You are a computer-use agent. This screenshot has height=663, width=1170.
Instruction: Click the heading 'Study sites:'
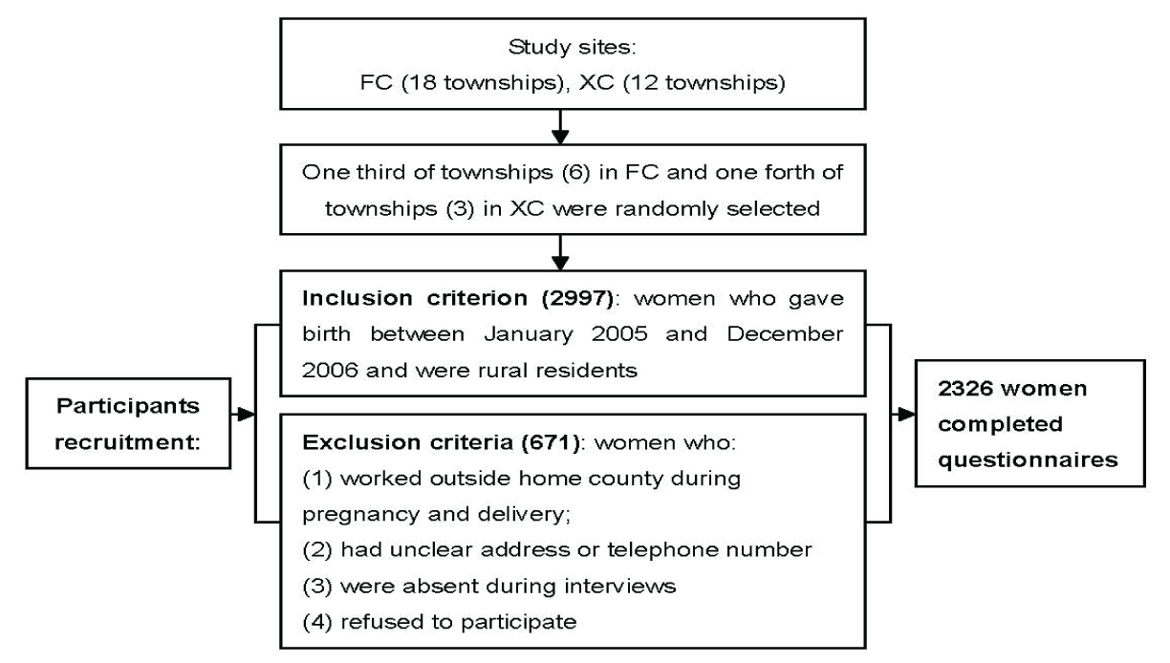coord(572,48)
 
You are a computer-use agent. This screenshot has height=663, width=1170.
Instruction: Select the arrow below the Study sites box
coord(560,127)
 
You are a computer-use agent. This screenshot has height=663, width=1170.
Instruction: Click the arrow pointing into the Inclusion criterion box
coord(560,252)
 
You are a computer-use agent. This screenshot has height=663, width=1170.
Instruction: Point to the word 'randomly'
coord(666,209)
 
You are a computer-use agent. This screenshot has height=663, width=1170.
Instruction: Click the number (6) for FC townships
coord(576,172)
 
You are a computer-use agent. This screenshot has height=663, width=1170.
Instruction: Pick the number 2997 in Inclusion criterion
coord(577,298)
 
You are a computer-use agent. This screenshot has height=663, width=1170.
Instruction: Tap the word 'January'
coord(529,334)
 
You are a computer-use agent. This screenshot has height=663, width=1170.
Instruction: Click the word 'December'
coord(785,334)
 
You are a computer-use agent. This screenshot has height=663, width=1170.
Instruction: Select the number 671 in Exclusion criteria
coord(551,442)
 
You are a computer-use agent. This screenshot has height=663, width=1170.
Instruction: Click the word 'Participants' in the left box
coord(128,407)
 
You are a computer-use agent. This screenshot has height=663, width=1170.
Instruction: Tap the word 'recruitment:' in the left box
coord(127,442)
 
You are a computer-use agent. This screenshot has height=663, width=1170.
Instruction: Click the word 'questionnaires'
coord(1028,460)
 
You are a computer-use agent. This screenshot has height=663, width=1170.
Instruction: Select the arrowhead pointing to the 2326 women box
coord(907,415)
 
